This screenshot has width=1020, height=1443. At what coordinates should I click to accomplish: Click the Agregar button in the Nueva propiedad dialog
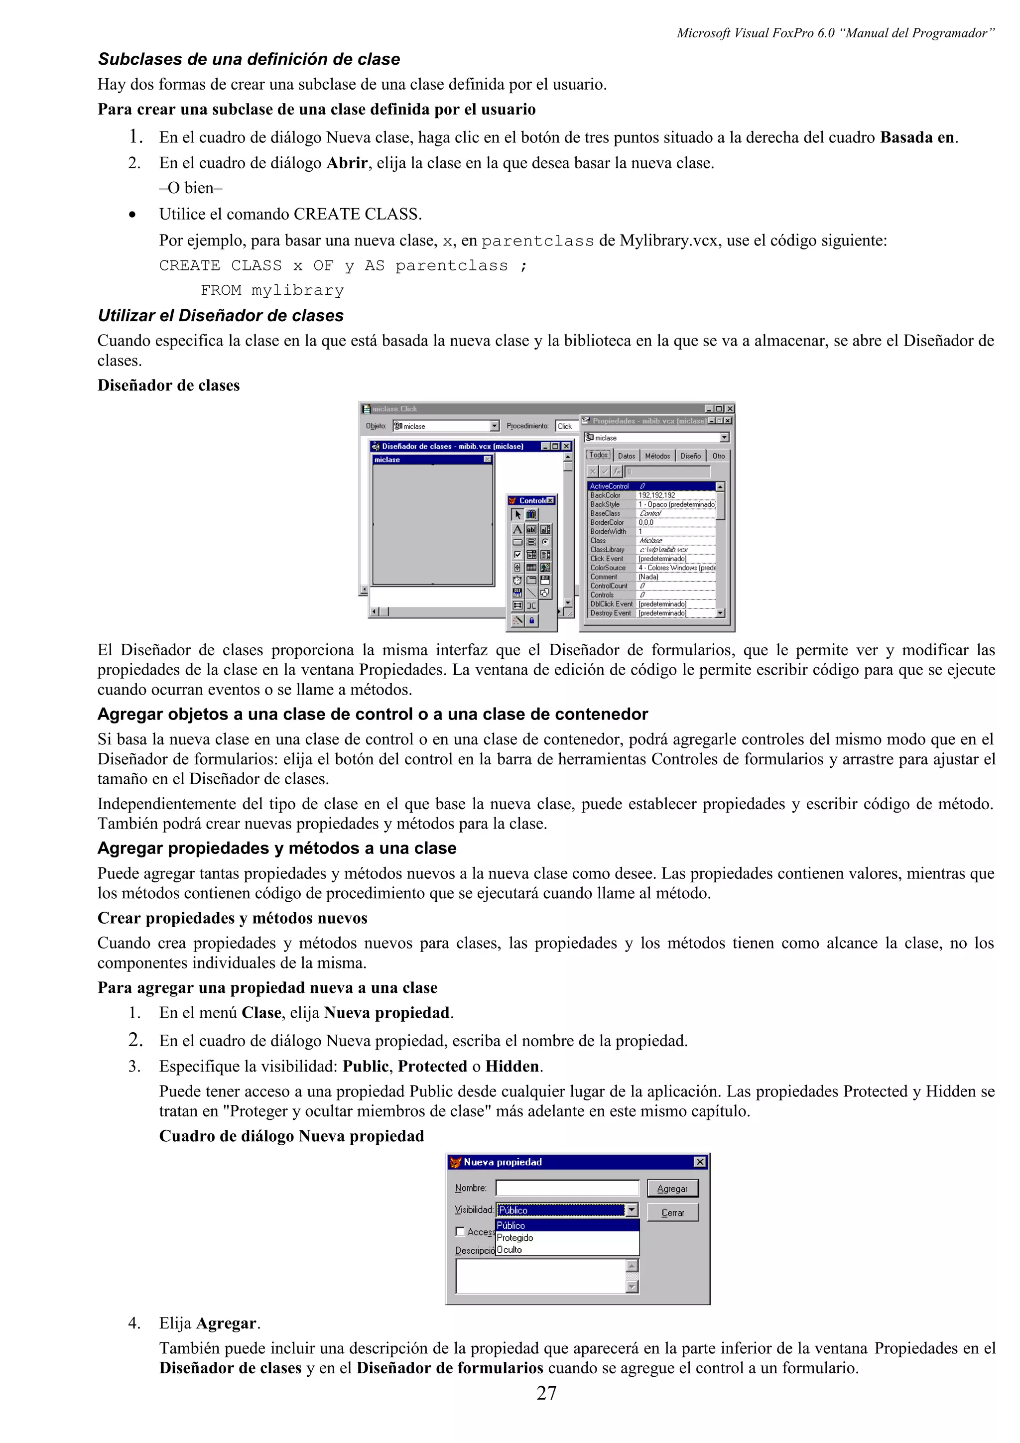click(672, 1189)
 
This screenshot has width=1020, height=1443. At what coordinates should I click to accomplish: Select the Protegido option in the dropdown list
click(514, 1237)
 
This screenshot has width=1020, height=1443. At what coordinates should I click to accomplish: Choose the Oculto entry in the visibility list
click(510, 1249)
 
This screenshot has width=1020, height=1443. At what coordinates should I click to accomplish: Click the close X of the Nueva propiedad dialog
click(699, 1162)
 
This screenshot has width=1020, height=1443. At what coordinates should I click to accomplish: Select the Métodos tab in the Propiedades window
click(657, 456)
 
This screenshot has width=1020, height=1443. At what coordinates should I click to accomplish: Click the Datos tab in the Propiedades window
click(626, 456)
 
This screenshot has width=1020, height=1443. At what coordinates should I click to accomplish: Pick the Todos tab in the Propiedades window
click(598, 455)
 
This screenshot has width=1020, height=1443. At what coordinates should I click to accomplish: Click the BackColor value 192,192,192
click(657, 495)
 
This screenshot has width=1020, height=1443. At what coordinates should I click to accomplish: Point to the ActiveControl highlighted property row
click(650, 486)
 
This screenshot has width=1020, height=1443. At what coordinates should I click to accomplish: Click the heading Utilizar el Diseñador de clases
click(221, 316)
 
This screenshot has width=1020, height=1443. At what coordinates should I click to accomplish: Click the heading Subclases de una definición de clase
click(249, 59)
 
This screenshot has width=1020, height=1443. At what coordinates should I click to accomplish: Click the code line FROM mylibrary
click(272, 290)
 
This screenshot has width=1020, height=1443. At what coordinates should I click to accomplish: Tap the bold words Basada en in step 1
click(917, 137)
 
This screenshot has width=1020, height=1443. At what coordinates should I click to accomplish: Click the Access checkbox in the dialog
click(460, 1231)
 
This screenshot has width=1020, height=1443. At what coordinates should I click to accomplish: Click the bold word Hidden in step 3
click(512, 1066)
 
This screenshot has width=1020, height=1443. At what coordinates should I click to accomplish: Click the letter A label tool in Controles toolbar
click(517, 529)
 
